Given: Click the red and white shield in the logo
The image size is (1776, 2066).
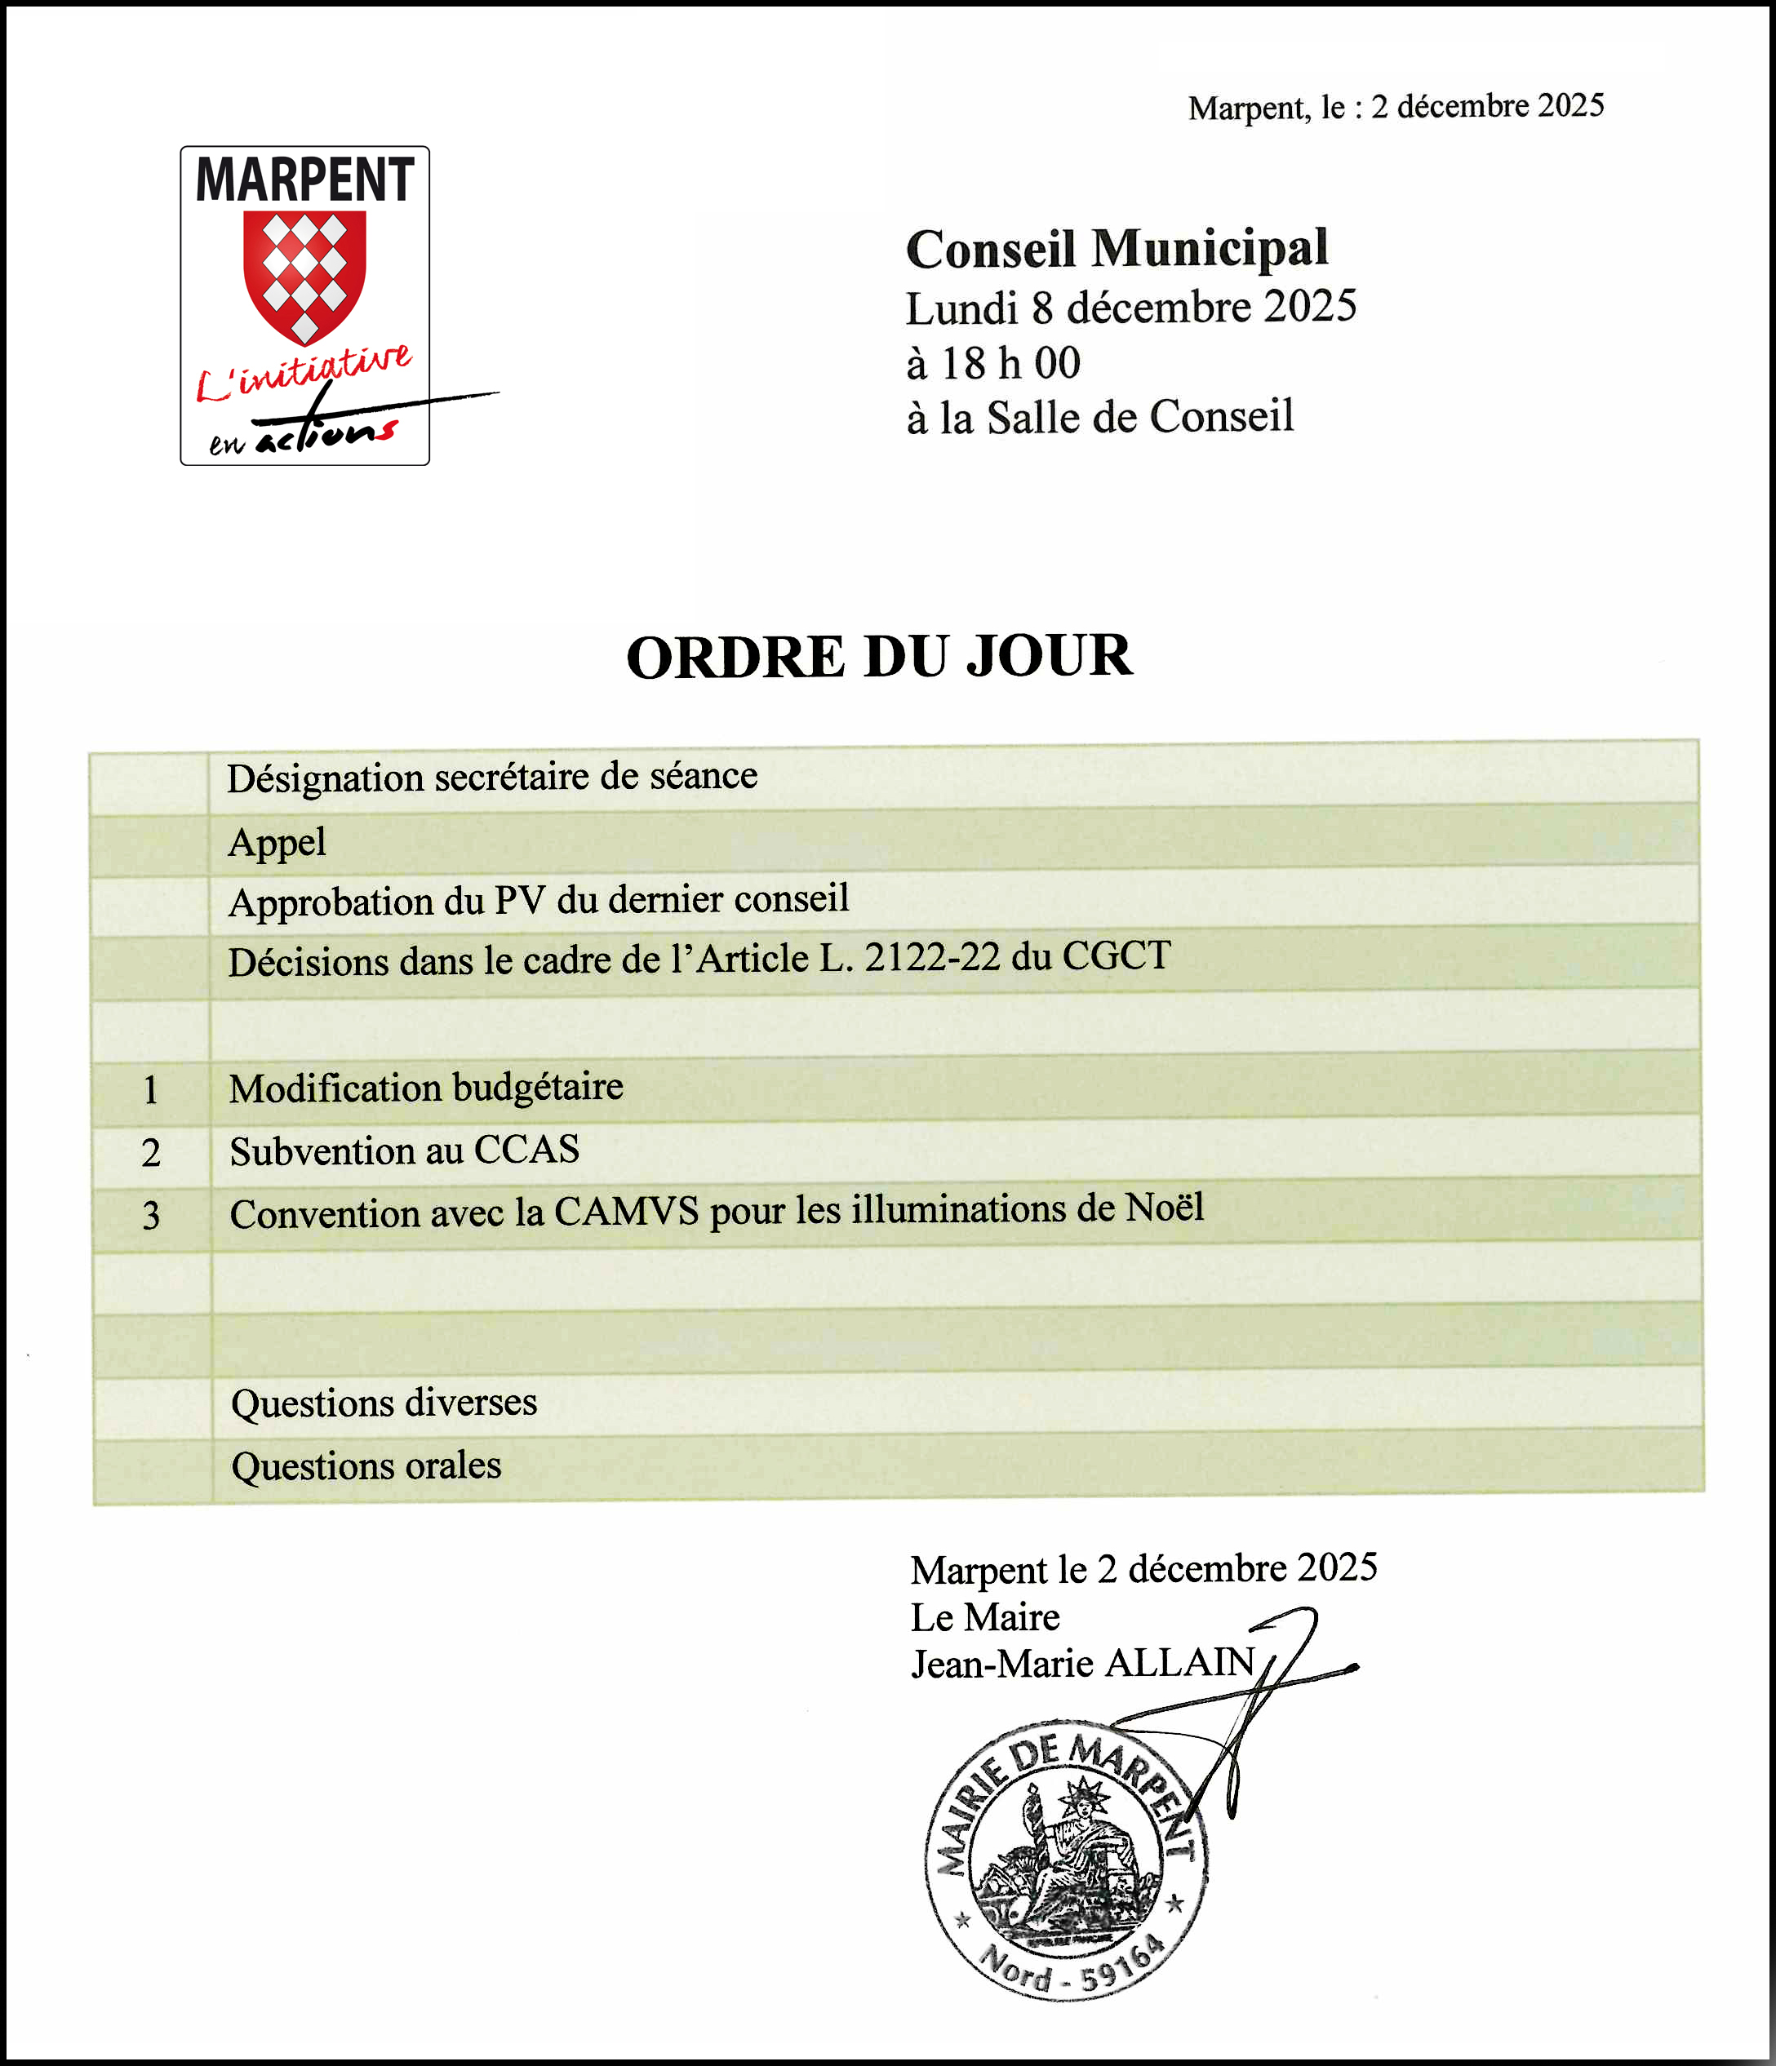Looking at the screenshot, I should tap(304, 275).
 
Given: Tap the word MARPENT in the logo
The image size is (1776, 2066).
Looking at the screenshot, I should tap(304, 180).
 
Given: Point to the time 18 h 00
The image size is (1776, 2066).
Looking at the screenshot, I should tap(1008, 363).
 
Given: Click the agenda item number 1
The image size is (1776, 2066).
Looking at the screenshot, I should tap(150, 1090).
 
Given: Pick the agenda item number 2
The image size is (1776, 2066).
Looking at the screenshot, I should tap(150, 1154).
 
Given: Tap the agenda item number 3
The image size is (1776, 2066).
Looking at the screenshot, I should tap(150, 1217).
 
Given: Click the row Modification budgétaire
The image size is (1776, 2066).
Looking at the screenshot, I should tap(426, 1088).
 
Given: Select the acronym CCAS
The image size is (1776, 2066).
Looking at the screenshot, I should tap(526, 1150).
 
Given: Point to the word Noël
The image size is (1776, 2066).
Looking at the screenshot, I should tap(1164, 1208).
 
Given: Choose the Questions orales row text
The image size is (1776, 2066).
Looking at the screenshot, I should tap(366, 1465).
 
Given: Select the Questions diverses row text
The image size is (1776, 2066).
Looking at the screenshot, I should tap(384, 1403).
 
